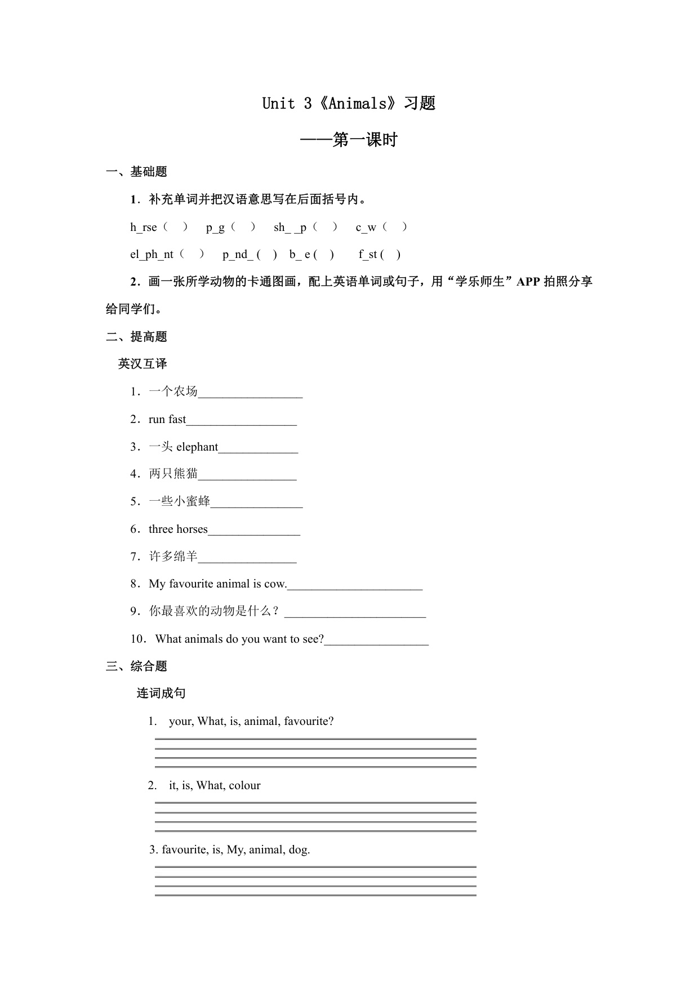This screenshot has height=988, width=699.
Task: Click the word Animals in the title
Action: tap(358, 104)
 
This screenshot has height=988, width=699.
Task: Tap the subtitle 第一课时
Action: tap(365, 140)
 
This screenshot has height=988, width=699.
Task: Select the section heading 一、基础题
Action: tap(136, 172)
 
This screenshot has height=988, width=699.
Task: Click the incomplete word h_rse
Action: tap(143, 227)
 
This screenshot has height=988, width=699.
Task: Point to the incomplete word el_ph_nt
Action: tap(152, 255)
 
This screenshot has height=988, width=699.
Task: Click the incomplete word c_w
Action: tap(366, 227)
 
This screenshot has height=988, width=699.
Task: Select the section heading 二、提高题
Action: tap(136, 337)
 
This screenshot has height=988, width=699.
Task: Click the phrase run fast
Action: tap(167, 419)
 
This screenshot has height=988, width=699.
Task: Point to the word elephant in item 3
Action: tap(197, 447)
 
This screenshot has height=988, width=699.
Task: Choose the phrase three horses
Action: tap(178, 529)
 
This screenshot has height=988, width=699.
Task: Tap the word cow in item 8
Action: tap(275, 584)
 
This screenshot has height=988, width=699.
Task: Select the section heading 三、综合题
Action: tap(136, 666)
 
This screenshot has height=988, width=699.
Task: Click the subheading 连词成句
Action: tap(161, 693)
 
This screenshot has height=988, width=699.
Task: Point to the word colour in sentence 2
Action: tap(244, 785)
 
